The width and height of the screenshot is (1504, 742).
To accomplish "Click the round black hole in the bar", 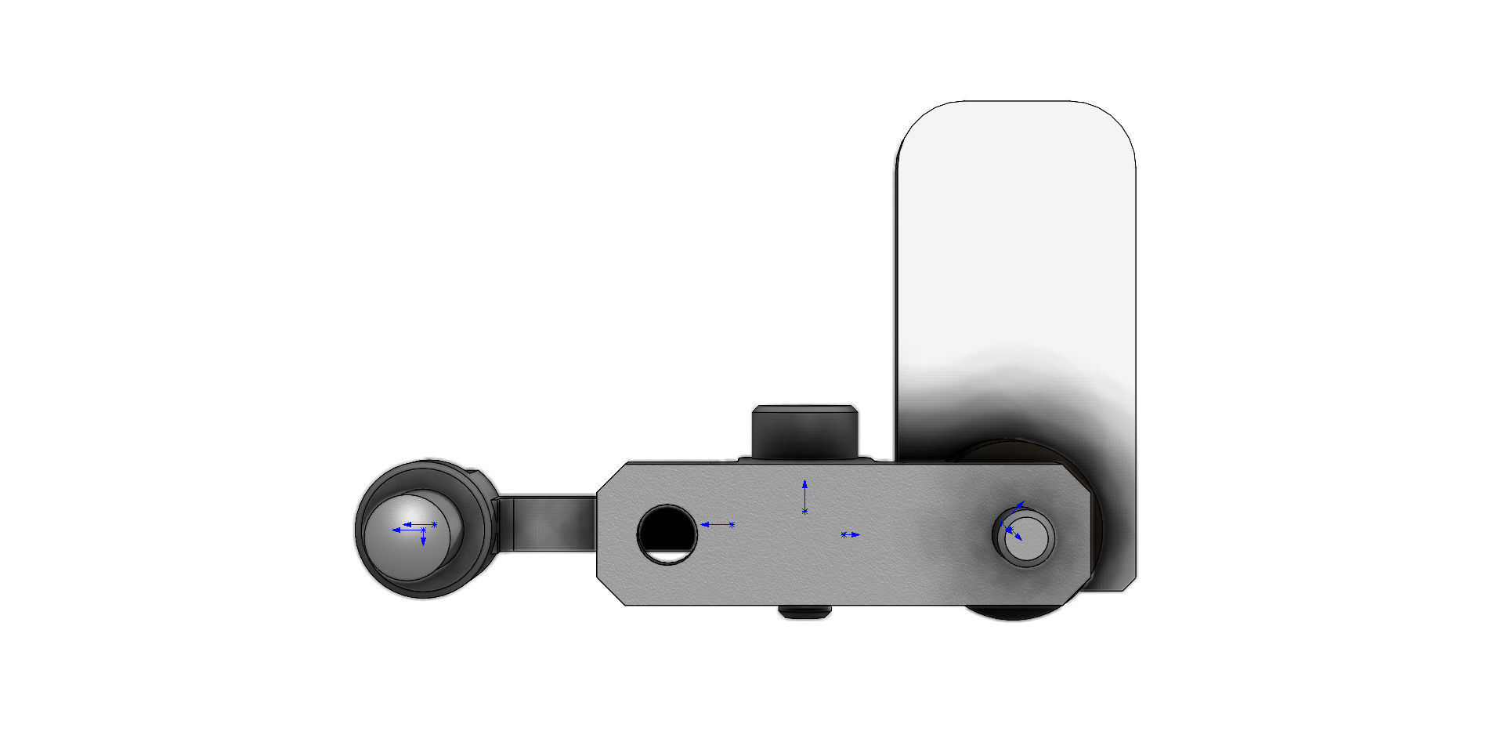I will point(667,530).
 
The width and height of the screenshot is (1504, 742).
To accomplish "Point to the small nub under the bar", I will point(804,612).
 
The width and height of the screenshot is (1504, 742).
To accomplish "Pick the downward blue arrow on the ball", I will point(423,540).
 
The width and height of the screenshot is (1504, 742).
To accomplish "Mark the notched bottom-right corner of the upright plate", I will point(1128,584).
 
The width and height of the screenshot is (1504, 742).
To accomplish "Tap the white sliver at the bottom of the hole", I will point(668,556).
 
